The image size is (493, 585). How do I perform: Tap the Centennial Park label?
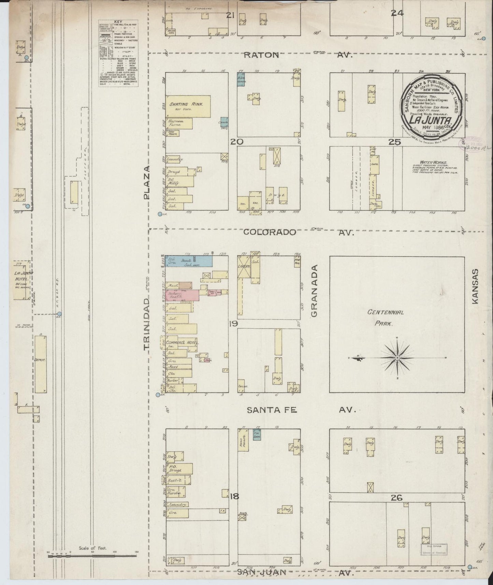click(386, 317)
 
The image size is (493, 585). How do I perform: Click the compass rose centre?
click(397, 358)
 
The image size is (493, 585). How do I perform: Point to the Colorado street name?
click(270, 232)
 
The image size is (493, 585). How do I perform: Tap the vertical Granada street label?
click(315, 291)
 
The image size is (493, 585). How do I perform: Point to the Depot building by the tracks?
click(40, 363)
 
